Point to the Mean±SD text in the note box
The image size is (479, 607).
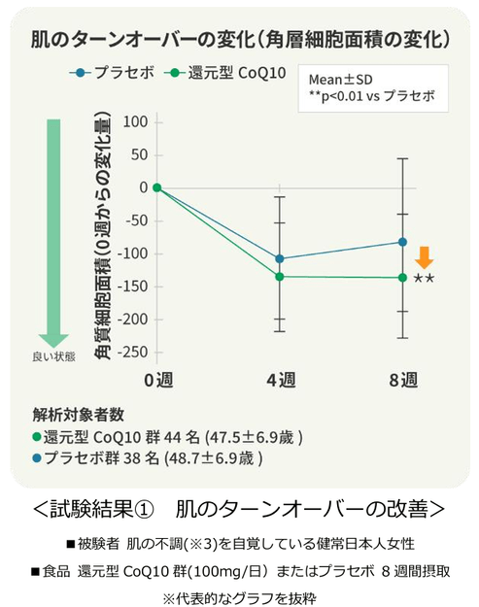(x=341, y=79)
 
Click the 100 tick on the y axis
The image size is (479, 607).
(x=135, y=121)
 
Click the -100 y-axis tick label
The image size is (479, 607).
(x=131, y=253)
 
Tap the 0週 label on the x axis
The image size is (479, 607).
(x=157, y=379)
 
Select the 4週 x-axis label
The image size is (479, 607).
(x=281, y=379)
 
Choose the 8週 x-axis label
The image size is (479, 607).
(x=403, y=379)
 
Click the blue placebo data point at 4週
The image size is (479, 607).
(x=281, y=258)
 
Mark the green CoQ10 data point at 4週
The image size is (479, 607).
(x=281, y=277)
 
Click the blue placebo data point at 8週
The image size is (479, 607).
(x=403, y=242)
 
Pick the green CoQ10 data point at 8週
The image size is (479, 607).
(x=403, y=278)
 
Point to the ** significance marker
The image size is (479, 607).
(x=424, y=280)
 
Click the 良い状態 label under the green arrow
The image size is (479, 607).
(x=51, y=356)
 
